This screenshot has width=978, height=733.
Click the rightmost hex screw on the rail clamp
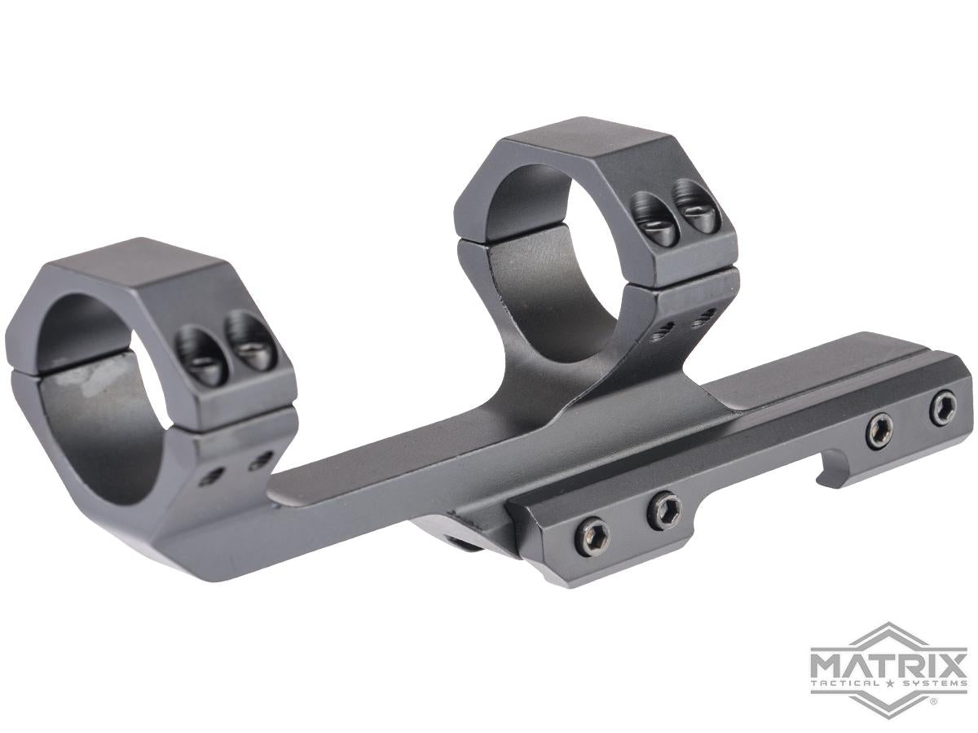(x=943, y=407)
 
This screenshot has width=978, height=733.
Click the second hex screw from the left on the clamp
(x=664, y=511)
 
